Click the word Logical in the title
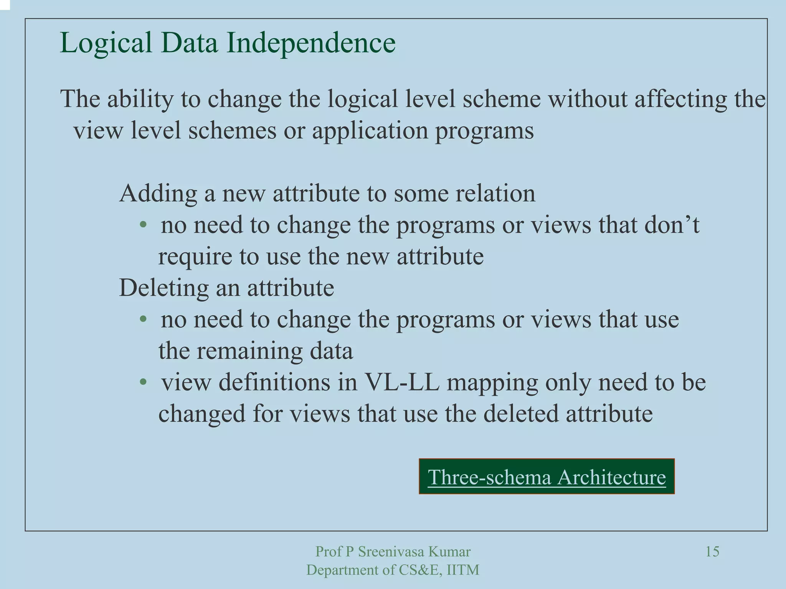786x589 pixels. tap(106, 43)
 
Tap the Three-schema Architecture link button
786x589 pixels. tap(547, 477)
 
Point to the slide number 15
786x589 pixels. tap(712, 552)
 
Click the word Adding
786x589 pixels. tap(158, 194)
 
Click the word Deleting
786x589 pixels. tap(163, 288)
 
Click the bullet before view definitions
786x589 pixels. tap(143, 382)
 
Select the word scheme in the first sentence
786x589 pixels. tap(502, 99)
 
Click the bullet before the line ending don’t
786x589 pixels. tap(143, 225)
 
